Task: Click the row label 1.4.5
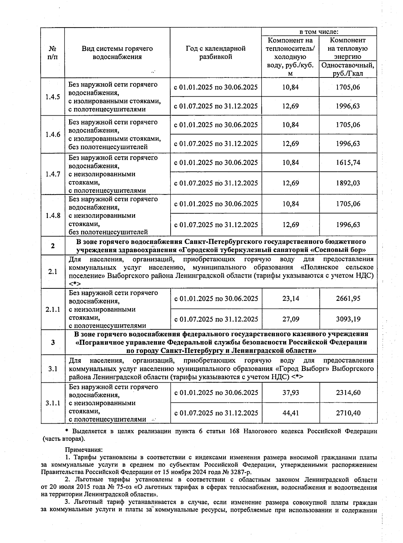53,97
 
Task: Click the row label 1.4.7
53,174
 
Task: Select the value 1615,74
348,163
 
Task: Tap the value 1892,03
348,183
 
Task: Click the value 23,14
290,298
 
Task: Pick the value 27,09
290,319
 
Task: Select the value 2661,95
348,298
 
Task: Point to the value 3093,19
348,319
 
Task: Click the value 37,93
290,392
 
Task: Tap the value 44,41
290,413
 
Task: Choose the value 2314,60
348,392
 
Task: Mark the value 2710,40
348,413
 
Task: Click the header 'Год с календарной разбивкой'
216,53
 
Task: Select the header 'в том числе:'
319,32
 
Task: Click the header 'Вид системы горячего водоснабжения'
117,53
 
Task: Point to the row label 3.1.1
53,403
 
